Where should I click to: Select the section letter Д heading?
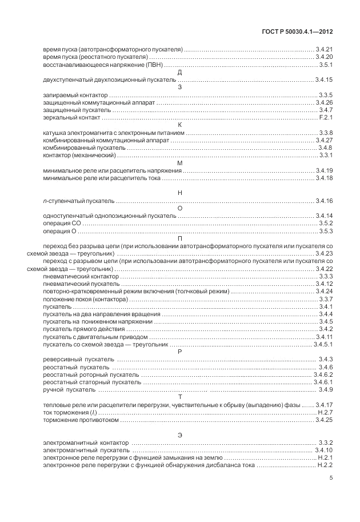(x=180, y=73)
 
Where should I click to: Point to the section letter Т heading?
(x=180, y=397)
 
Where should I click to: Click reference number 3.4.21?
(x=324, y=50)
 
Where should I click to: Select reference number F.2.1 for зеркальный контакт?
(x=325, y=117)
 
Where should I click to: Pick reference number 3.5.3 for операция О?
(x=325, y=230)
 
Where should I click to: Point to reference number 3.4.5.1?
(x=323, y=345)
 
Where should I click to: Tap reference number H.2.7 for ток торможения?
(x=325, y=412)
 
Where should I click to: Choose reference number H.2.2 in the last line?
(x=325, y=465)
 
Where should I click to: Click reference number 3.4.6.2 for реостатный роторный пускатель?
(x=323, y=374)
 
